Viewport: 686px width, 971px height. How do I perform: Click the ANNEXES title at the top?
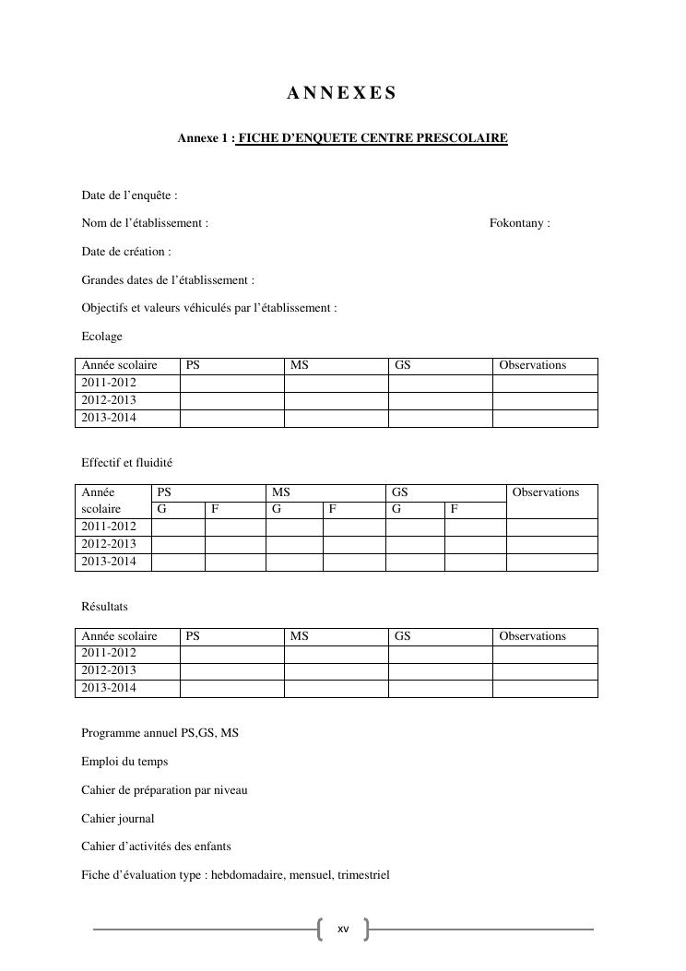tap(342, 93)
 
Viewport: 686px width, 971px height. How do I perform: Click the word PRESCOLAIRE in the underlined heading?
tap(463, 138)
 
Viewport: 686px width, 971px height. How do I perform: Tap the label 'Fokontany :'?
tap(519, 223)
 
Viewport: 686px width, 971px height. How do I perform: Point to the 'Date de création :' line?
tap(126, 252)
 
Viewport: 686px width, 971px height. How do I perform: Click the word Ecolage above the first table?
tap(101, 337)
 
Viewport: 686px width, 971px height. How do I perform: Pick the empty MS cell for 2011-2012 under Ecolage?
tap(336, 384)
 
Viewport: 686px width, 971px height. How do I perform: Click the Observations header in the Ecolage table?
tap(532, 366)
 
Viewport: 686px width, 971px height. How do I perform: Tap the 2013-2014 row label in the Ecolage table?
tap(109, 419)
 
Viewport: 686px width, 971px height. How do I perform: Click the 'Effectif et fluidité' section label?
tap(127, 463)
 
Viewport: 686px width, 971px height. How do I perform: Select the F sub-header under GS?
tap(455, 509)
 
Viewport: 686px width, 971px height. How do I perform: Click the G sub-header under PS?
tap(162, 509)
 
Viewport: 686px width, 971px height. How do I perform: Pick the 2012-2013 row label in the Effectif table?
tap(109, 545)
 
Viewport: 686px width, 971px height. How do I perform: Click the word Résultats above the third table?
tap(105, 607)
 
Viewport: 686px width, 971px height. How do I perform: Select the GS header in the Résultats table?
tap(402, 636)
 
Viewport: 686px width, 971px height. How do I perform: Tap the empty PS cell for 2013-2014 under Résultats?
tap(231, 689)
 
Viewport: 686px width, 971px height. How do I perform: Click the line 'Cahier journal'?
tap(118, 819)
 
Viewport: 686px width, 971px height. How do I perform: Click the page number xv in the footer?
tap(343, 930)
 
